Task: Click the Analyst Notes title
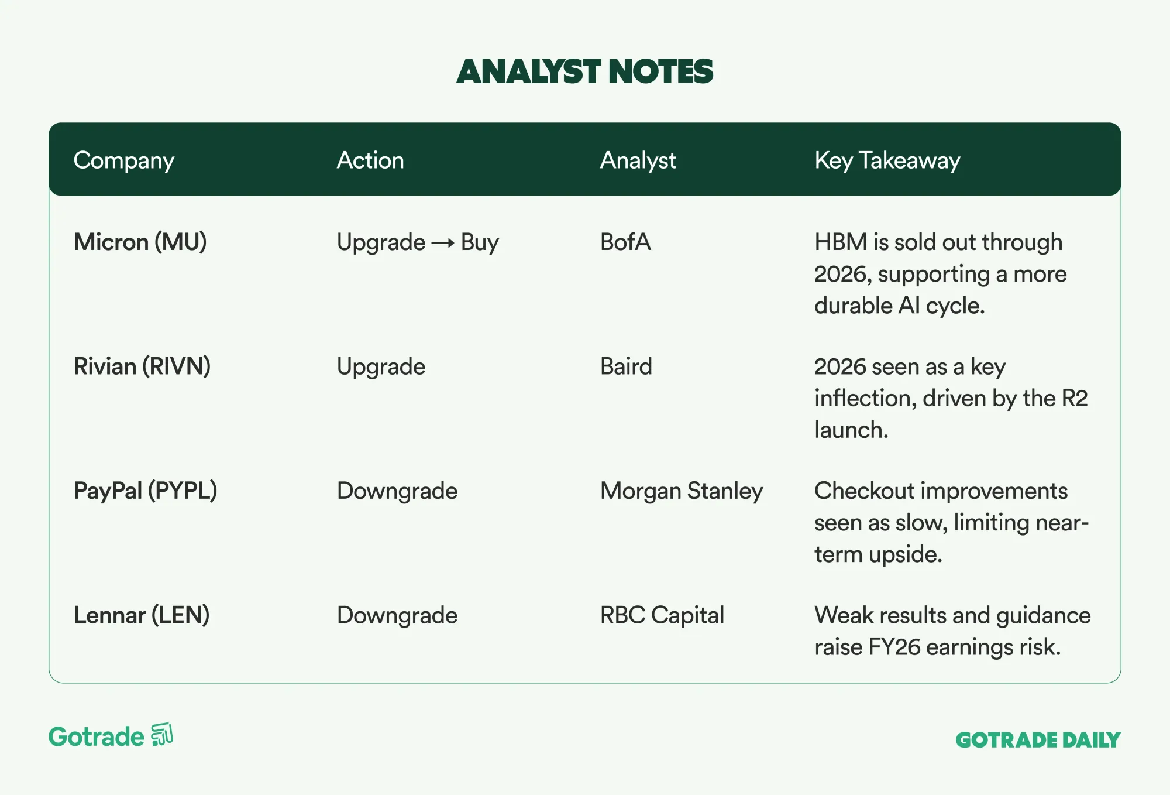(x=585, y=71)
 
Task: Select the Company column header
(x=124, y=161)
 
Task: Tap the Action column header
(x=370, y=160)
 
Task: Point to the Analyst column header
(x=638, y=161)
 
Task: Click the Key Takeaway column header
(x=887, y=161)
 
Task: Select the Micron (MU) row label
(x=140, y=242)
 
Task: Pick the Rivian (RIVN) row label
(x=142, y=366)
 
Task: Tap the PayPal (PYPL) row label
(x=146, y=491)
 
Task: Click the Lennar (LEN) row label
(x=142, y=615)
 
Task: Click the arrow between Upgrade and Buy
(x=443, y=243)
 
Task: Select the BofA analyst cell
(x=625, y=242)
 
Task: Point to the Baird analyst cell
(x=626, y=366)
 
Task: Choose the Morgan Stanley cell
(x=682, y=491)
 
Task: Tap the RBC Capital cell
(x=662, y=615)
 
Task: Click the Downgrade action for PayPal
(x=397, y=491)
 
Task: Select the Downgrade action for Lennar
(x=397, y=615)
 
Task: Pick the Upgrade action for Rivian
(x=381, y=367)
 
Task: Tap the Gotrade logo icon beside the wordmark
(x=162, y=735)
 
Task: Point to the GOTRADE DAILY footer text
(x=1038, y=740)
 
